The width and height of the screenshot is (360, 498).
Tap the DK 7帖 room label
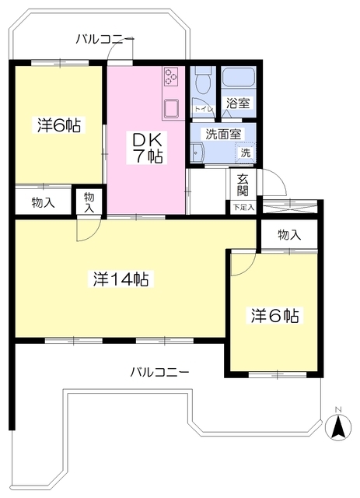(x=146, y=146)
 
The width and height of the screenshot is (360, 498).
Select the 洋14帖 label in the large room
(x=122, y=279)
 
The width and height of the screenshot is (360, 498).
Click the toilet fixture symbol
(x=203, y=80)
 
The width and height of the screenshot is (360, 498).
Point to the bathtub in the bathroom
(x=239, y=79)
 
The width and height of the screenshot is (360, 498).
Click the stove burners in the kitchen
(x=172, y=77)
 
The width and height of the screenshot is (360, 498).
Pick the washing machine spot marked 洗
(x=245, y=153)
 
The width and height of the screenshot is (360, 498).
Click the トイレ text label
(x=203, y=110)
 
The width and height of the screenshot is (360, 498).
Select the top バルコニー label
(x=106, y=39)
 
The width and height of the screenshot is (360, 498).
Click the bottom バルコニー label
(x=159, y=372)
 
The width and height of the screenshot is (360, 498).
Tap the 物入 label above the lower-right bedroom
(x=288, y=234)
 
